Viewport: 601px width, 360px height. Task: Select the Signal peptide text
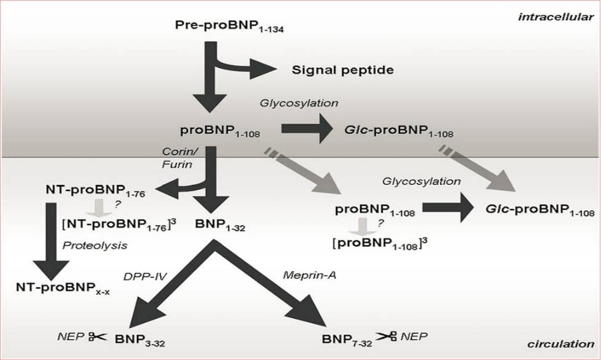[342, 69]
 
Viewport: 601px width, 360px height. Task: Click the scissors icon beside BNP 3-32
[96, 337]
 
